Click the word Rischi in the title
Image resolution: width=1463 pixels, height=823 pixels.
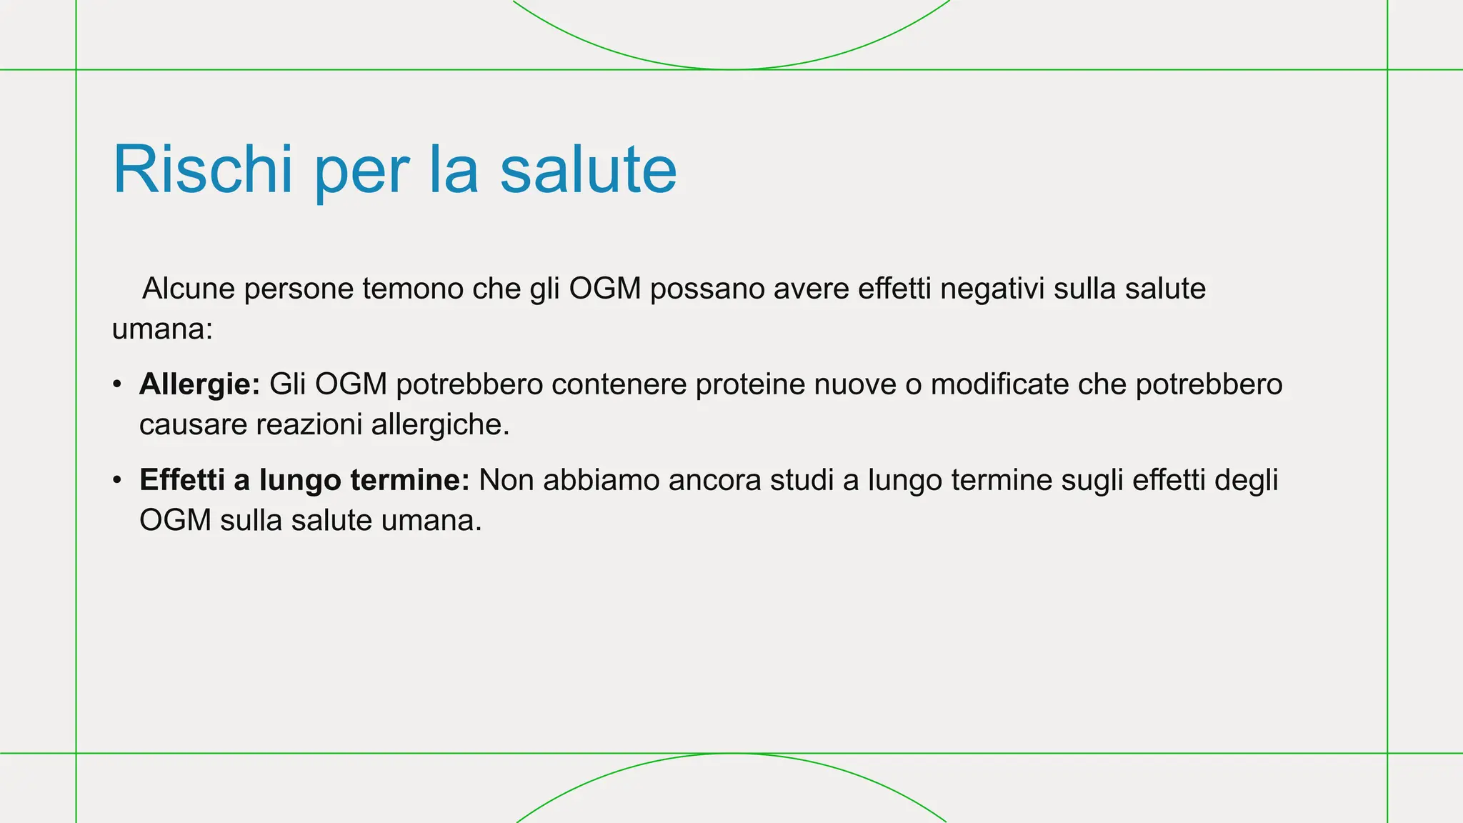tap(202, 170)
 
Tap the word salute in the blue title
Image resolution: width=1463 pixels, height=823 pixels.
tap(587, 170)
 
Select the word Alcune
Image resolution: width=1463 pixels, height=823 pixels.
tap(189, 289)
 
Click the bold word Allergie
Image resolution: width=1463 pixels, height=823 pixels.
tap(199, 384)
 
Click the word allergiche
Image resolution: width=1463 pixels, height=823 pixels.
tap(440, 424)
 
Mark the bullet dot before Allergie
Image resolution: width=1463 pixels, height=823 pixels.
tap(117, 385)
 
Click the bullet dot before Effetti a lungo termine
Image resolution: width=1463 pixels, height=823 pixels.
tap(117, 481)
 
